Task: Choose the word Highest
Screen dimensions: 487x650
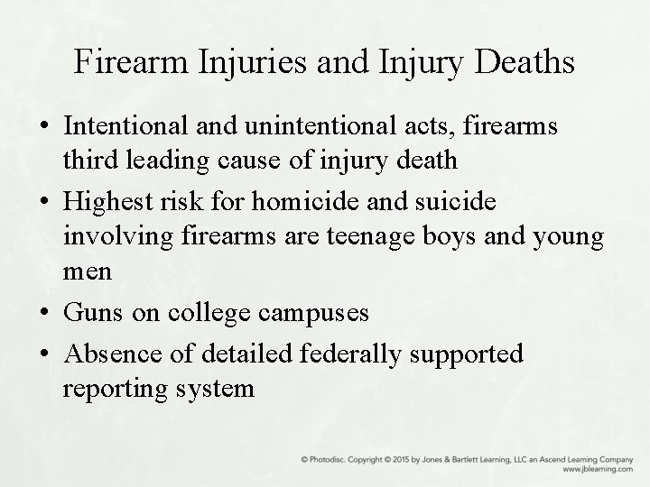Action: coord(111,201)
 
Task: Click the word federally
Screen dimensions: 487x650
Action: coord(348,354)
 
